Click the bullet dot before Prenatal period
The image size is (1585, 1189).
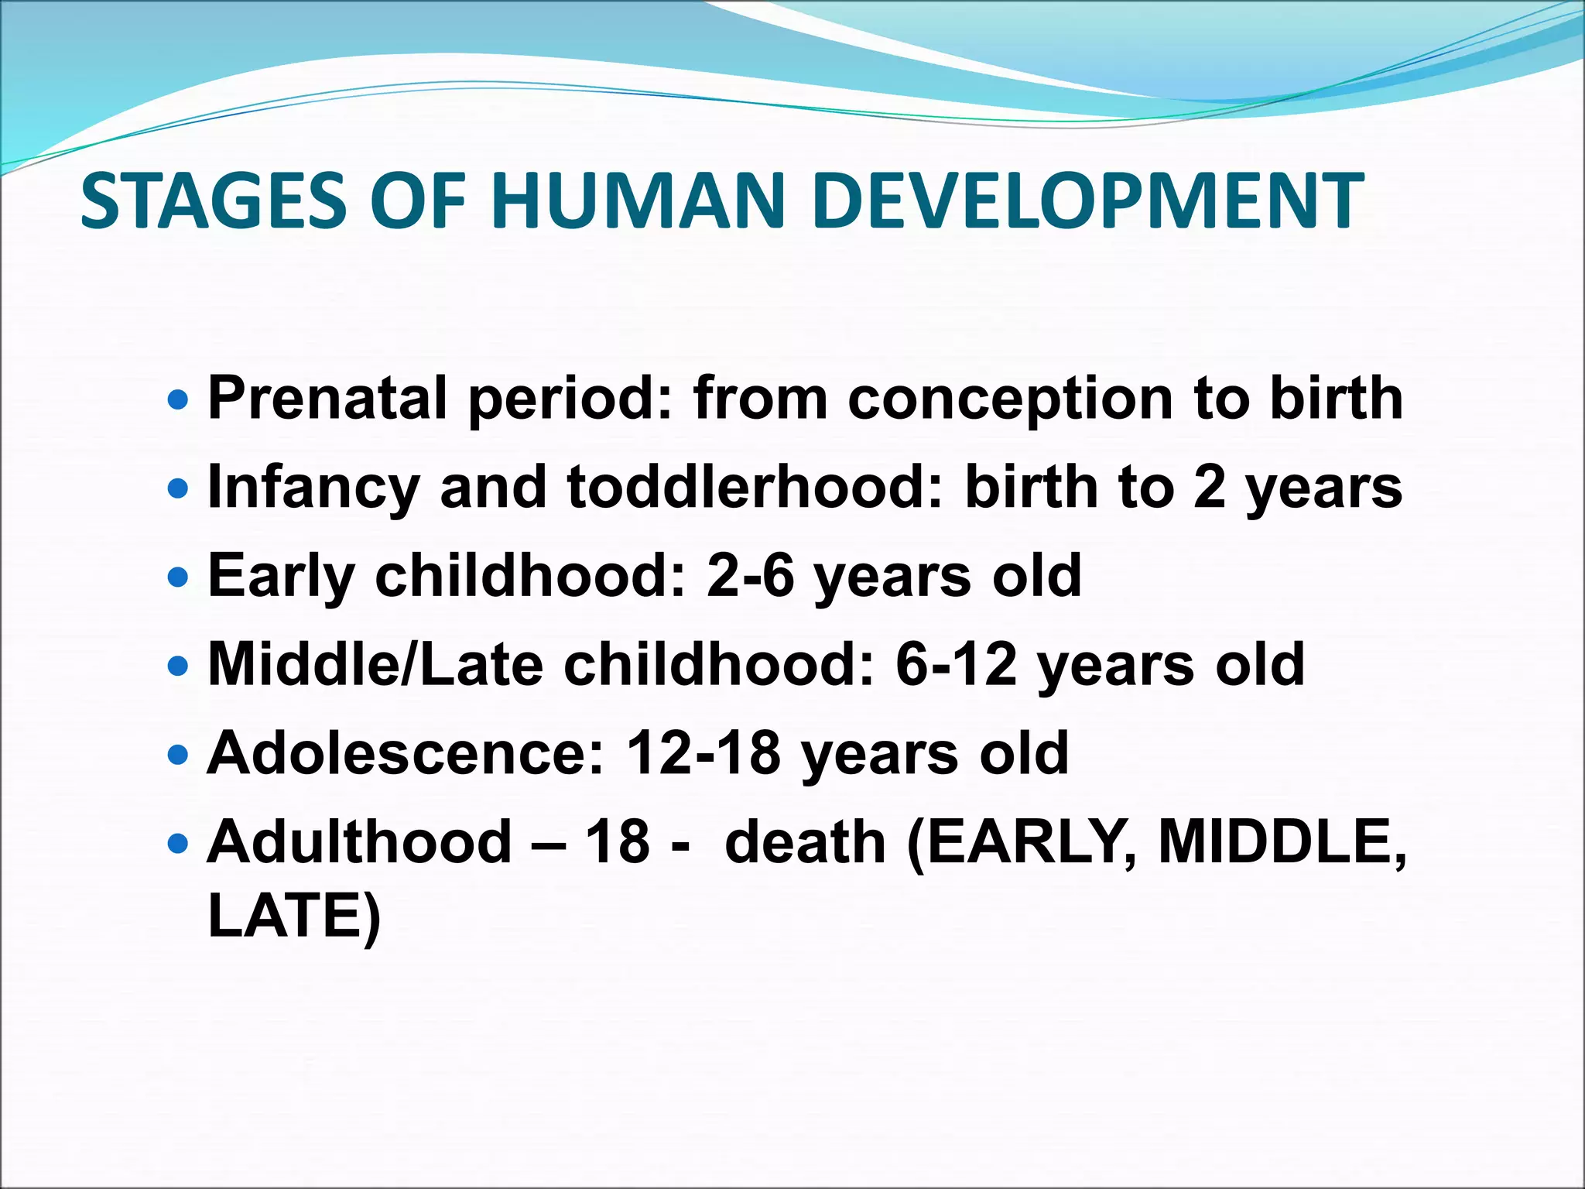coord(178,400)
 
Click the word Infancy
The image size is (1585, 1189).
coord(313,488)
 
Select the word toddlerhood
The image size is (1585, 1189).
coord(755,488)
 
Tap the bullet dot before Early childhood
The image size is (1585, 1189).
coord(178,577)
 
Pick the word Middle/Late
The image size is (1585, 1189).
coord(375,665)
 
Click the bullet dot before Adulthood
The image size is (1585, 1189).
coord(178,843)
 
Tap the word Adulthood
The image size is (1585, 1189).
coord(360,842)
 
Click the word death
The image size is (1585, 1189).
coord(805,842)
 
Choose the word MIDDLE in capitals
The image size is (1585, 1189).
coord(1281,842)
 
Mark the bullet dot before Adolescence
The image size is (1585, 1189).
coord(178,754)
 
